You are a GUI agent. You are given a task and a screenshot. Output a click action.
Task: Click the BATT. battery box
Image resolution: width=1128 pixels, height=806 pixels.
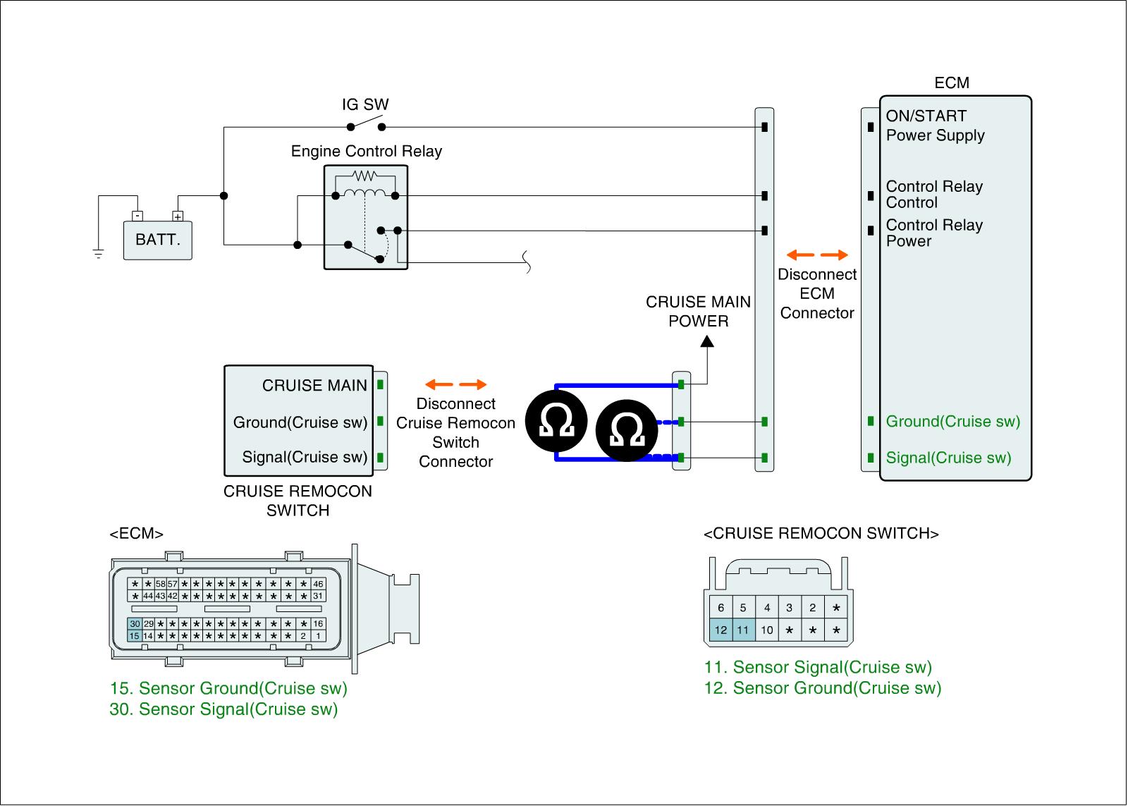click(157, 240)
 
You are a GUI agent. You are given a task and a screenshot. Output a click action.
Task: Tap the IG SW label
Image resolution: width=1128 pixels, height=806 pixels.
click(365, 105)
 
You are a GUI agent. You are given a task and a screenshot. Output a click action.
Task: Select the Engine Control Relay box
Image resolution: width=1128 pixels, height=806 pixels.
click(365, 217)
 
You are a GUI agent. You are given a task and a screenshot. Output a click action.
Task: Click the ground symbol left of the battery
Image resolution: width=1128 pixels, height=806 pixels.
click(98, 253)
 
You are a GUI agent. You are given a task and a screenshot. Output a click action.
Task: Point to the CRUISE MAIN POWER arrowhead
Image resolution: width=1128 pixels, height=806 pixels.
click(706, 341)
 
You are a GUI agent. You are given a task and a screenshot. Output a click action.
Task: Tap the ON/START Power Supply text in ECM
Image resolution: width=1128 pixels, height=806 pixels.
click(935, 126)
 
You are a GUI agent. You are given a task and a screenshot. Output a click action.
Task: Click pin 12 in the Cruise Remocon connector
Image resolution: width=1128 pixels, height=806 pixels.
click(721, 630)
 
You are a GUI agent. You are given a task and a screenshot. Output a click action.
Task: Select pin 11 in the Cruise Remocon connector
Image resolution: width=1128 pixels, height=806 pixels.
click(743, 630)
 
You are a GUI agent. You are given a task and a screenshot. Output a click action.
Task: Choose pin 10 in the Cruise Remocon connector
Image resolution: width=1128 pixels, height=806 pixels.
click(766, 630)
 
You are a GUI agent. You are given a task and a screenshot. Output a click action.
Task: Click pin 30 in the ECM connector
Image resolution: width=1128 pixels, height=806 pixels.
click(135, 624)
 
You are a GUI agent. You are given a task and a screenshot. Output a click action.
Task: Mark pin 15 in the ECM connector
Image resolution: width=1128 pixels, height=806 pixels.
click(135, 636)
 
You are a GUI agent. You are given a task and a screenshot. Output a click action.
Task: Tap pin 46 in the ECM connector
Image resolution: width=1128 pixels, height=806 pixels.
click(318, 584)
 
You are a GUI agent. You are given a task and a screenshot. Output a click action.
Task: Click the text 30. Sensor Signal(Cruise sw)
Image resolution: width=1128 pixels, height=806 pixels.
click(224, 709)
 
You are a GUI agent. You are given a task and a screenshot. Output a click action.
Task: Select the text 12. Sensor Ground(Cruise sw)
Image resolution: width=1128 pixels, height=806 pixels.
click(822, 688)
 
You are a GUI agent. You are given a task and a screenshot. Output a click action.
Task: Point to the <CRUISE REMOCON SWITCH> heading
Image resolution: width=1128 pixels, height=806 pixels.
click(821, 533)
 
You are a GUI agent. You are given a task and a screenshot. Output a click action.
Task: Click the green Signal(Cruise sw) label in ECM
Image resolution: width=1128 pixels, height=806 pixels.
click(948, 458)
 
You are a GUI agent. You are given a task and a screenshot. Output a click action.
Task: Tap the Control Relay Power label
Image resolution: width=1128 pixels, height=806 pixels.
click(933, 233)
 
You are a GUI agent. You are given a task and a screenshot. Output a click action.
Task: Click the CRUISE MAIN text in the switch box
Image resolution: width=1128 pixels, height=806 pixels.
click(314, 385)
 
